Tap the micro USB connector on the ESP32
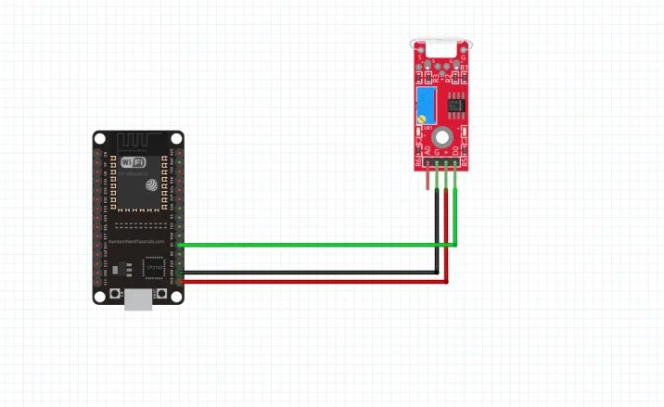click(x=139, y=298)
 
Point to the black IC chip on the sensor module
click(x=455, y=104)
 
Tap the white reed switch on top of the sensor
click(x=441, y=43)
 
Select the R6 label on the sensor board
click(x=418, y=161)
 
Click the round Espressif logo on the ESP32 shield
click(x=147, y=184)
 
